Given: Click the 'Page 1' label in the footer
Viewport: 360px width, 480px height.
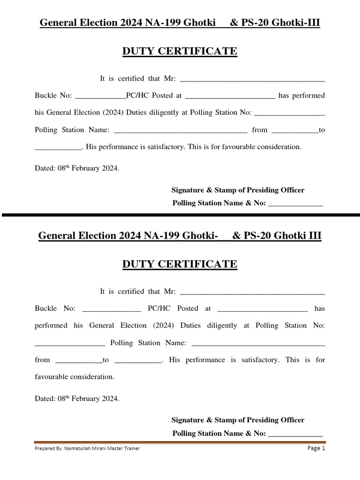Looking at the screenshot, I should coord(316,448).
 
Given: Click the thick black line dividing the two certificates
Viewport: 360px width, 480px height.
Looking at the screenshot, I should coord(180,215).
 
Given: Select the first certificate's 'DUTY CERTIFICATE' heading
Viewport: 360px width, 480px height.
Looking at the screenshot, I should coord(180,52).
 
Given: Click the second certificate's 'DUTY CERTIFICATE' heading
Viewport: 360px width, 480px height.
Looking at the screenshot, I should coord(180,264).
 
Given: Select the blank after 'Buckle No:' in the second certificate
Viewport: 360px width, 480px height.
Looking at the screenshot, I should coord(111,309).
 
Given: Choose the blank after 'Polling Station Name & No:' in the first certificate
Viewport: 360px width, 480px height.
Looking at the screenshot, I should coord(295,204).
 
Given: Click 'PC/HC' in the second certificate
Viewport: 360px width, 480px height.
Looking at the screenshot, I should coord(157,308).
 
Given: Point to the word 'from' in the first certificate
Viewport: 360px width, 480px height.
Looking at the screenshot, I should coord(260,130).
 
